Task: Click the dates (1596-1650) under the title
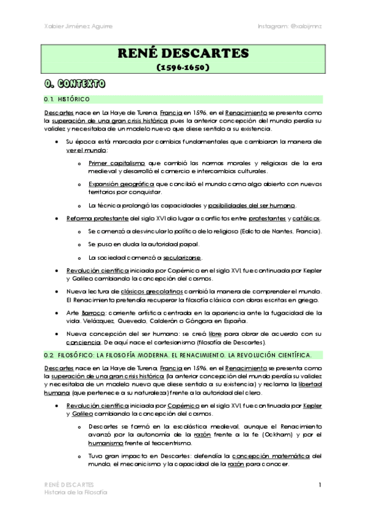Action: pos(183,66)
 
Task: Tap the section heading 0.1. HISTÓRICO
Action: pos(67,99)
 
